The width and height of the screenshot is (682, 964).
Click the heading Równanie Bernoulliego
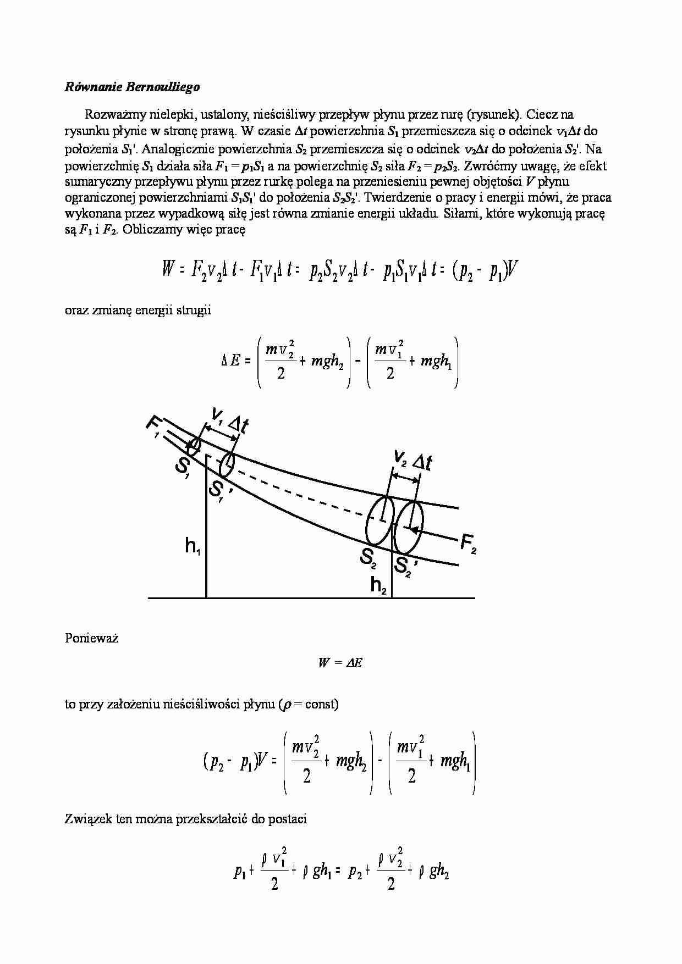(132, 87)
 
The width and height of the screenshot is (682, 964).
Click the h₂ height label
(379, 585)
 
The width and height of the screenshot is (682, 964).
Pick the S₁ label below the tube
(183, 467)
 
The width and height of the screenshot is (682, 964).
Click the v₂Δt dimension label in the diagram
(413, 460)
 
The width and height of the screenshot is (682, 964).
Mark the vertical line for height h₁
(206, 528)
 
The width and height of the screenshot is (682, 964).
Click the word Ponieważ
(92, 638)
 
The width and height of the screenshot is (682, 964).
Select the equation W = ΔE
(340, 663)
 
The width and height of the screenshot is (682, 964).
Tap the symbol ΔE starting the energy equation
(230, 361)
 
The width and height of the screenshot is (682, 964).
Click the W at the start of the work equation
(167, 270)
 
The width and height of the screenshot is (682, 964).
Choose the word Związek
(88, 819)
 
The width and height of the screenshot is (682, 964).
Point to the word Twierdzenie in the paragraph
(394, 197)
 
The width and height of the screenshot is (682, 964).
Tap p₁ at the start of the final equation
(239, 872)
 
